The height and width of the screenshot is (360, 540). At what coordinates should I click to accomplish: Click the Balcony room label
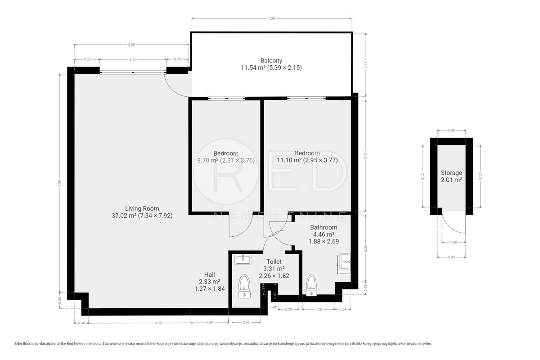click(x=271, y=60)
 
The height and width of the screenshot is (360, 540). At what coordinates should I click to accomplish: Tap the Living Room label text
click(x=142, y=208)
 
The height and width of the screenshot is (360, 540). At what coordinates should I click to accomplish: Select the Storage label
click(x=451, y=173)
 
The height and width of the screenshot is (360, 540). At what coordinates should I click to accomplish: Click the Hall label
click(x=210, y=274)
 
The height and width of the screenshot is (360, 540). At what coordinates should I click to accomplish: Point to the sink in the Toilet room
click(x=243, y=260)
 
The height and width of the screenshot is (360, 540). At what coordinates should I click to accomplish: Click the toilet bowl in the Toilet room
click(x=244, y=286)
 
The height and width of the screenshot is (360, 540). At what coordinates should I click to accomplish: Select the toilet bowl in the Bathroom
click(x=311, y=285)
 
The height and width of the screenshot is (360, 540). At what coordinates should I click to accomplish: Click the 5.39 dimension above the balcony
click(x=271, y=18)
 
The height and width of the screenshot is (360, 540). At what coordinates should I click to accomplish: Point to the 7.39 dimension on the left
click(x=59, y=183)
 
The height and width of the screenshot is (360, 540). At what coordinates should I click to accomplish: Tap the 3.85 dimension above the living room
click(x=131, y=45)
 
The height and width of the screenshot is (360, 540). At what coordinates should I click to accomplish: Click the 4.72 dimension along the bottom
click(x=158, y=323)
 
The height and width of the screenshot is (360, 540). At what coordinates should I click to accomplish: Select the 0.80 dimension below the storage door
click(x=454, y=243)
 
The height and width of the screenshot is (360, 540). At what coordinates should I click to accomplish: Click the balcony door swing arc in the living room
click(x=174, y=90)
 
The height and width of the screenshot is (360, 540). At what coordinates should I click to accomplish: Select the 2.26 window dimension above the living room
click(x=133, y=59)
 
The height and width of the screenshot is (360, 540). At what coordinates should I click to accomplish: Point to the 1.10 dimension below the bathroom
click(x=319, y=309)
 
